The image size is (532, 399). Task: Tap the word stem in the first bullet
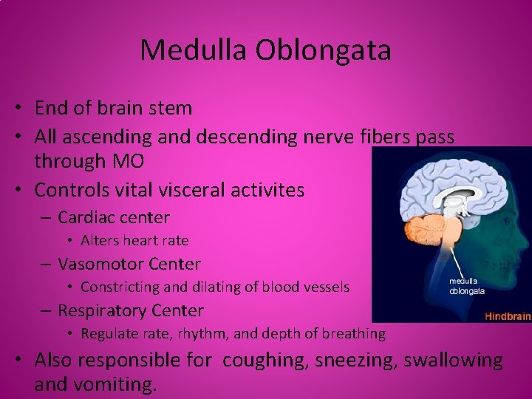click(171, 108)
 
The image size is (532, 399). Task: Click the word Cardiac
click(88, 217)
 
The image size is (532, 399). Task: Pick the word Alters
click(98, 240)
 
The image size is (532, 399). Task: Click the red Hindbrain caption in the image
click(508, 316)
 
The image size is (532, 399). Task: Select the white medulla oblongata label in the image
click(467, 286)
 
